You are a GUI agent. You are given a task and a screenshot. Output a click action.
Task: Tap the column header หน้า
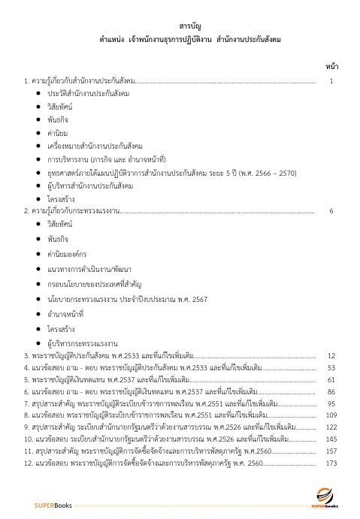click(331, 66)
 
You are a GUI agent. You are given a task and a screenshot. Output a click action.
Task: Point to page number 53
click(331, 368)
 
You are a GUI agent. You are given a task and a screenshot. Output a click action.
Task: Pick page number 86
click(331, 391)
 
